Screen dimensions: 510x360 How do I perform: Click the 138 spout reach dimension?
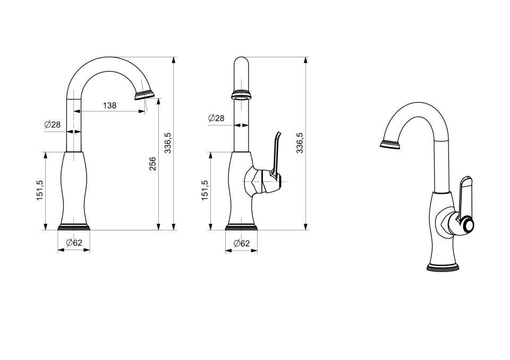pos(109,105)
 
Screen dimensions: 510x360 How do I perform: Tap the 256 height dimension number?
pos(152,164)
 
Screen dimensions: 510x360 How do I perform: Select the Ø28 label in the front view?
pos(53,124)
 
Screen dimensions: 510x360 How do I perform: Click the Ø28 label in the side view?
pos(216,118)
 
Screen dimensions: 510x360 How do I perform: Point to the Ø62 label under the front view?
pos(74,243)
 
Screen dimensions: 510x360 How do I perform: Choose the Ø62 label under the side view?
pos(241,243)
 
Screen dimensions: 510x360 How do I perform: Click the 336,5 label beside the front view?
pos(168,143)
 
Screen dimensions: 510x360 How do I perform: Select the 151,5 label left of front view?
pos(40,191)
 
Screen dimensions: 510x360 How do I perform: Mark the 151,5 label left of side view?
pos(205,191)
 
